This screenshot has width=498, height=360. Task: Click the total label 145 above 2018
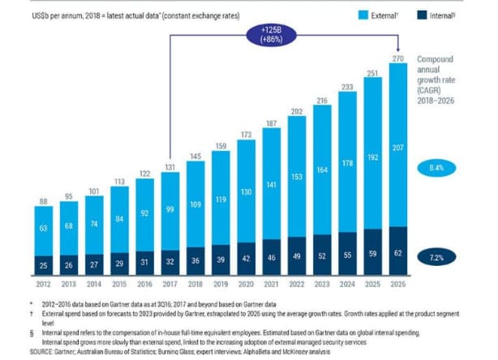(195, 155)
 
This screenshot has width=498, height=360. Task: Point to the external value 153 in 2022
(296, 177)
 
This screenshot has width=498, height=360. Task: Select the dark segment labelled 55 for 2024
(346, 253)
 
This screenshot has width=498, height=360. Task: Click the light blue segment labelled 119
(221, 199)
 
